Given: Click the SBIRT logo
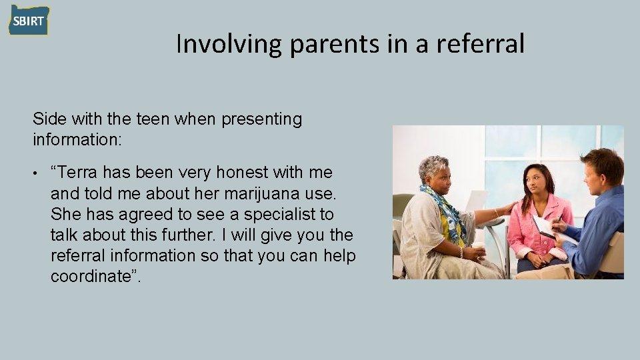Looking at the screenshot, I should pyautogui.click(x=29, y=21).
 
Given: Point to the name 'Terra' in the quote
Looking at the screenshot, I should pyautogui.click(x=79, y=173).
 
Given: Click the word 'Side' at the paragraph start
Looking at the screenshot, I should pyautogui.click(x=47, y=120).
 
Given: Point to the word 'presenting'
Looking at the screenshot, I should pyautogui.click(x=261, y=120).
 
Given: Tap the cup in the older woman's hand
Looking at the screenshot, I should pyautogui.click(x=478, y=248).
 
